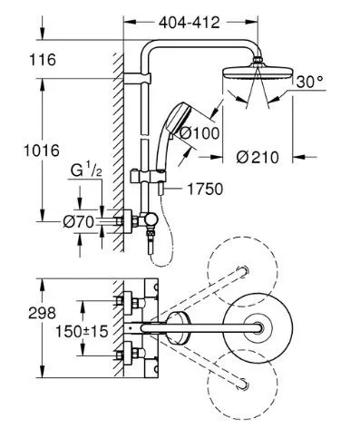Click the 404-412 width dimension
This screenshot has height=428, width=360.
[190, 23]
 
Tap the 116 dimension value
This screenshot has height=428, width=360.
[43, 60]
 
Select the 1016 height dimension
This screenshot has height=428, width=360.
[42, 151]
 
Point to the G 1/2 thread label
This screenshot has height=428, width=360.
[86, 170]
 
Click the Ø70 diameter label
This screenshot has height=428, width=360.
[79, 222]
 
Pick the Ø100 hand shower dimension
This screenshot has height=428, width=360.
[199, 133]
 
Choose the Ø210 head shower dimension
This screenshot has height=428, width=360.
[258, 157]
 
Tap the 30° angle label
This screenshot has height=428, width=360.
[309, 82]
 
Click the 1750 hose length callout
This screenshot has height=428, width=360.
[205, 190]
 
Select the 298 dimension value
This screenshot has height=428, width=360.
[42, 313]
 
